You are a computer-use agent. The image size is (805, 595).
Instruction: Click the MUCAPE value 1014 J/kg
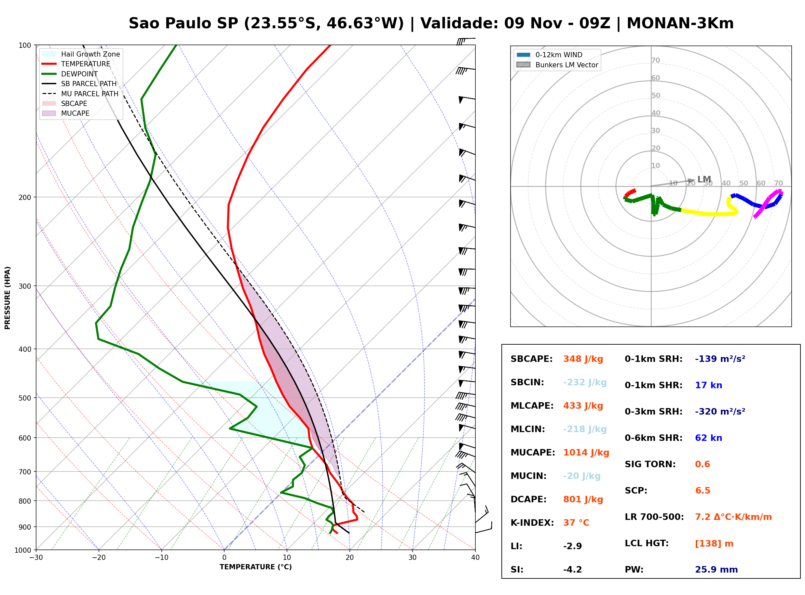[586, 452]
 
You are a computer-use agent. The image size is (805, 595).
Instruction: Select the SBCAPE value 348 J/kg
[583, 359]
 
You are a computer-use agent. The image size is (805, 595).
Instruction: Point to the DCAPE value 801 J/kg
[583, 499]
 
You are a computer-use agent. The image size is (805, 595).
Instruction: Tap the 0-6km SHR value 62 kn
[708, 438]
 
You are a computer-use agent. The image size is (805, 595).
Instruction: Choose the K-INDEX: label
[532, 522]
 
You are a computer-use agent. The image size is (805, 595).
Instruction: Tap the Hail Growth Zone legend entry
[81, 54]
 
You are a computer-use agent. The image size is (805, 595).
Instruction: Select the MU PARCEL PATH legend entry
[80, 94]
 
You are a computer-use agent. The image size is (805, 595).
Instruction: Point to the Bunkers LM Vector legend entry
[557, 65]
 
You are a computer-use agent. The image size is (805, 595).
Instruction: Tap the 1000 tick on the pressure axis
[23, 550]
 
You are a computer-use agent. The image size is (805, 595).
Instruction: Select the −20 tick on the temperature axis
[98, 558]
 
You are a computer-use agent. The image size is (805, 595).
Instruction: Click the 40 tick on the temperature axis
[475, 558]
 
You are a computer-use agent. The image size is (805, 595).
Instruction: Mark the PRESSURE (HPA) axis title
[7, 297]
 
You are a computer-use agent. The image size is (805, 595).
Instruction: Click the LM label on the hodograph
[704, 179]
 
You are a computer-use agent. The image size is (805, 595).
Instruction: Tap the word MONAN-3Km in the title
[680, 23]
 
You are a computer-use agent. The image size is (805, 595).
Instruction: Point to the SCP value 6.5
[702, 491]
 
